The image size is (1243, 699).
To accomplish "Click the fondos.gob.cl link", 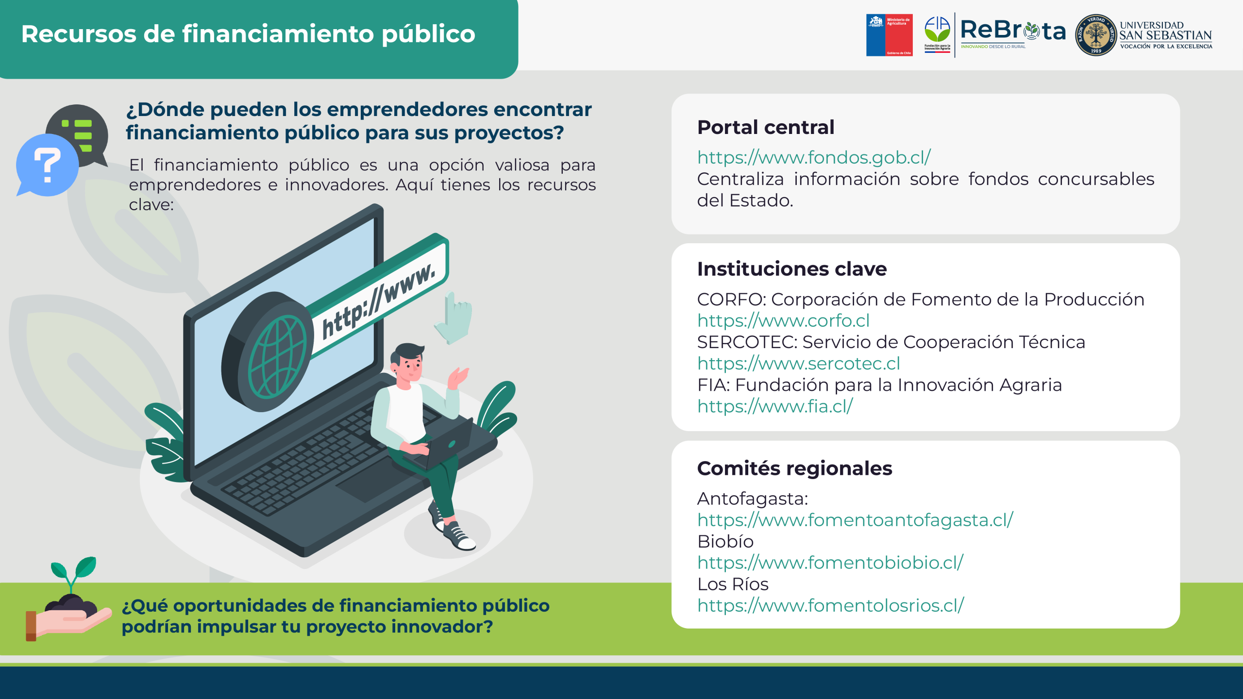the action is pos(814,157).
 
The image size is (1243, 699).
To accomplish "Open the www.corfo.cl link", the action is pos(783,320).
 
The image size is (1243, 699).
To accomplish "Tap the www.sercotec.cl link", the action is pos(799,363).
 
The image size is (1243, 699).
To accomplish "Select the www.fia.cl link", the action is pos(775,406).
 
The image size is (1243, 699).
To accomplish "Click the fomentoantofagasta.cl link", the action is pos(855,519).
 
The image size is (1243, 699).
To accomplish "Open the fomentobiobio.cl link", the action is pos(830,562).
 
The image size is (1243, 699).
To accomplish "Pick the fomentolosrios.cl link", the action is pos(831,605).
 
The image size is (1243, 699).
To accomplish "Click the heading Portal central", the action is pos(766,127).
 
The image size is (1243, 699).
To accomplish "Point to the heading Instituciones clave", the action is pos(792,269).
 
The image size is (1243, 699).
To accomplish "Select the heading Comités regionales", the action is pos(795,468).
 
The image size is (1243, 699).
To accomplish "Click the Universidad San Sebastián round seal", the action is pos(1096,35).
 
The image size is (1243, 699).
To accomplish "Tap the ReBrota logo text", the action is pos(1013,31).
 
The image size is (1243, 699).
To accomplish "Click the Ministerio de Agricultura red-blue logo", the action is pos(890,35).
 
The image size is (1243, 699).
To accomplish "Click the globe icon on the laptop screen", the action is pos(277,357).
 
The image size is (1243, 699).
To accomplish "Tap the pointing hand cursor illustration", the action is pos(454,318).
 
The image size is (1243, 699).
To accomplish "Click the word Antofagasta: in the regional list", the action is pos(753,499).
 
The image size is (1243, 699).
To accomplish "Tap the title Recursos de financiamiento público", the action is pos(248,34).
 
